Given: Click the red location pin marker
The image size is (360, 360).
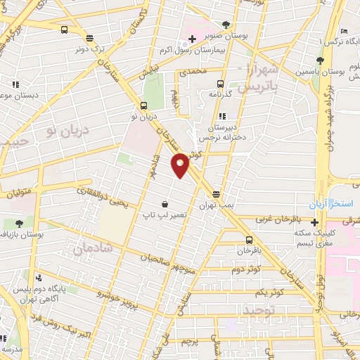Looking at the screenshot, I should pos(180,165).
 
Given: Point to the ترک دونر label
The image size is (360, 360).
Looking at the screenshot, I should pos(89,49).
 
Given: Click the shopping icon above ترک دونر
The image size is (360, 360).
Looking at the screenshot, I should pos(89,38).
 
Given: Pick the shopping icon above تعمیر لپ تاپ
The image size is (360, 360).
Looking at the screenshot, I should pos(164,203).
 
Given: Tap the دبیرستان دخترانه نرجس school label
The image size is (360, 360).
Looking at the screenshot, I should pos(226,133).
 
